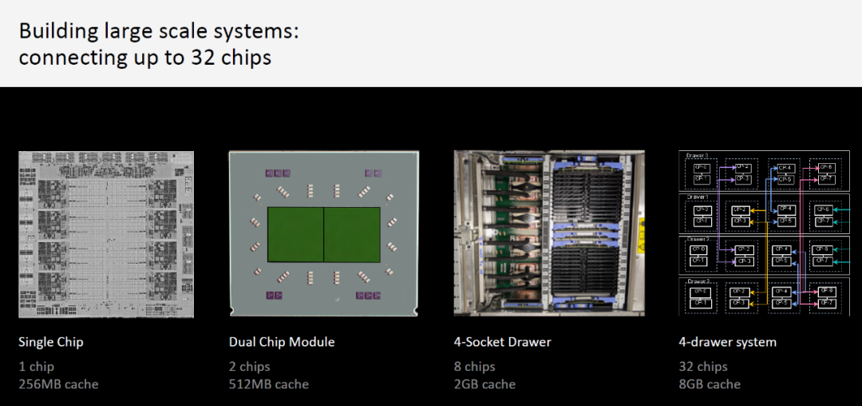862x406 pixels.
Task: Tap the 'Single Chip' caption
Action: tap(51, 342)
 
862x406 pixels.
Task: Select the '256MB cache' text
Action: tap(58, 384)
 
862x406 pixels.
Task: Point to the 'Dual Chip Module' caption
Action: tap(282, 342)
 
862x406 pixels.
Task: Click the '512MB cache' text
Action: tap(269, 384)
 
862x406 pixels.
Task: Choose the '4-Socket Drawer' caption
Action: tap(502, 342)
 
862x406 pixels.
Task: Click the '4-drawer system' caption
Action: tap(727, 342)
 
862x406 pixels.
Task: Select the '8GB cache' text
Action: tap(710, 384)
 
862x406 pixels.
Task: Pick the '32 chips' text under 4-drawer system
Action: tap(703, 367)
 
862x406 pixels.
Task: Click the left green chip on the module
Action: tap(295, 234)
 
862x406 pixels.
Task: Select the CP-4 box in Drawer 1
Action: tap(785, 209)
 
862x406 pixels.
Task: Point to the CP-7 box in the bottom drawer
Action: tap(827, 303)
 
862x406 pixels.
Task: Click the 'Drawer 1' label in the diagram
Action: tap(697, 197)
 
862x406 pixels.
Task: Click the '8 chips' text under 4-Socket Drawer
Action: tap(475, 367)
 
